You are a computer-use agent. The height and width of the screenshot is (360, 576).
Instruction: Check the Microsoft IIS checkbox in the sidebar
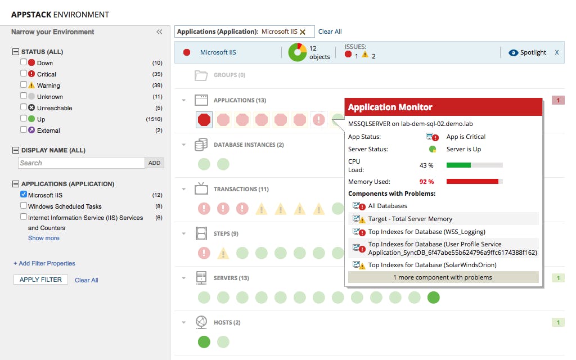click(x=24, y=195)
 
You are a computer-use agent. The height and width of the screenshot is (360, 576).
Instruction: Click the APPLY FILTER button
click(x=40, y=280)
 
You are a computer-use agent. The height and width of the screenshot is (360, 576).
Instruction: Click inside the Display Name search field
click(x=82, y=163)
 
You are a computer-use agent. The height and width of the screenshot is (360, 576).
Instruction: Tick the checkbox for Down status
click(x=24, y=62)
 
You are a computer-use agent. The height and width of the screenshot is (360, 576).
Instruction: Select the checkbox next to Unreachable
click(x=24, y=107)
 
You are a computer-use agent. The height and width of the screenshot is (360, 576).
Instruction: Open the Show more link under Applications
click(x=43, y=238)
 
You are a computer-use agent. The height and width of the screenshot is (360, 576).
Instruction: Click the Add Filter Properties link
click(x=44, y=263)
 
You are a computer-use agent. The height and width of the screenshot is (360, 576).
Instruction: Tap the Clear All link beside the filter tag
click(x=330, y=31)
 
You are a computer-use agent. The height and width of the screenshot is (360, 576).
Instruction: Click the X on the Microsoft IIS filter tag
click(x=303, y=32)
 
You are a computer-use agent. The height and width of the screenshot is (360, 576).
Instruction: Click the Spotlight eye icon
click(x=512, y=53)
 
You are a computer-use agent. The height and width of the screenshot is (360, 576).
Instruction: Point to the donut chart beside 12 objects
click(x=297, y=52)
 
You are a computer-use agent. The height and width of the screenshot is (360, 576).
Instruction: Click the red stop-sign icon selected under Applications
click(x=204, y=119)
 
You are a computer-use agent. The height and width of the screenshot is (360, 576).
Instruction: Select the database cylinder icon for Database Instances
click(x=201, y=145)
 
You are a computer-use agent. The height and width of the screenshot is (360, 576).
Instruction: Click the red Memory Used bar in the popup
click(x=472, y=182)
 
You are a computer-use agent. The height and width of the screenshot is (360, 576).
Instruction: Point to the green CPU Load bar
click(x=458, y=165)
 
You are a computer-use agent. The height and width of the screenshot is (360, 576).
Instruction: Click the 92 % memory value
click(x=426, y=182)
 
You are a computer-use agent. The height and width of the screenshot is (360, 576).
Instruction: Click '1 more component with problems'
click(x=443, y=277)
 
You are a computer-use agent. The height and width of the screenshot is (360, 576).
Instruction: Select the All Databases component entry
click(x=388, y=206)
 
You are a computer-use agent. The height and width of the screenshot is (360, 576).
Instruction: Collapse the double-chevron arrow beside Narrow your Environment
click(x=159, y=33)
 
